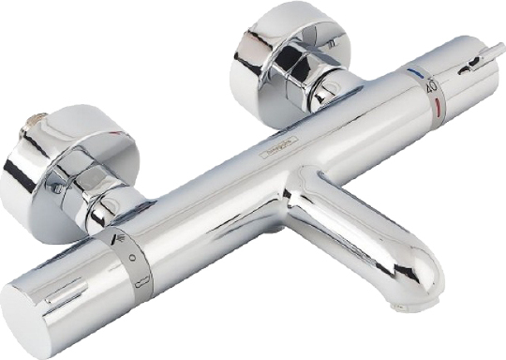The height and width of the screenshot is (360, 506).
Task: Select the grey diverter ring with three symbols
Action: pos(129,262)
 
